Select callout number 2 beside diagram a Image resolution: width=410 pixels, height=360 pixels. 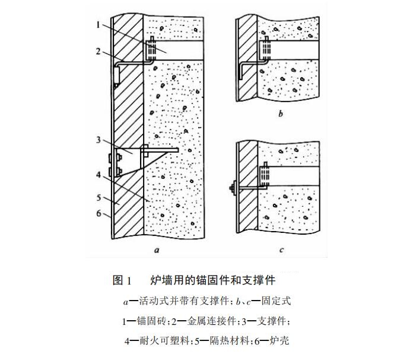(97, 52)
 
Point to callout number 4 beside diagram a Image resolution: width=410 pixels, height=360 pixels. (97, 176)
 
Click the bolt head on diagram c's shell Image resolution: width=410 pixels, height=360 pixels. (230, 190)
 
